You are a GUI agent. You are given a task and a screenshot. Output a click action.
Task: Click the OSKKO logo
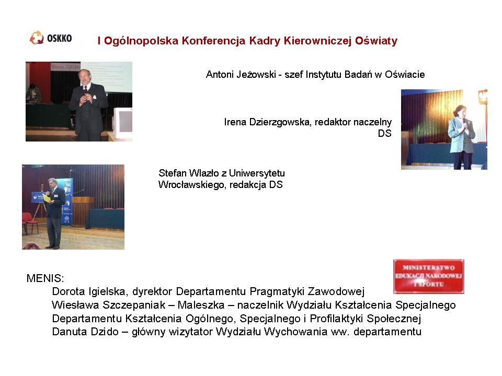(x=51, y=38)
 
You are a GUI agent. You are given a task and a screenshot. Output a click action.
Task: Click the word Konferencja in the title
(x=213, y=41)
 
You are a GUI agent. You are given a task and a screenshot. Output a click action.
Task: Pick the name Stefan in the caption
(x=172, y=173)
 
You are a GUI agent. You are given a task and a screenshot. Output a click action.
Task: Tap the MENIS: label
(x=45, y=278)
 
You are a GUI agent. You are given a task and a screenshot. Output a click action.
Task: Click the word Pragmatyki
(x=277, y=291)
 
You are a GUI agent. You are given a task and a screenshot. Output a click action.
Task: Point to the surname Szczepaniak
(x=134, y=305)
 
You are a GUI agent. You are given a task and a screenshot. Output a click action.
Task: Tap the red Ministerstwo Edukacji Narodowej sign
(x=428, y=277)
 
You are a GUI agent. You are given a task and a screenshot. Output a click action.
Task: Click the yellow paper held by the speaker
(x=47, y=198)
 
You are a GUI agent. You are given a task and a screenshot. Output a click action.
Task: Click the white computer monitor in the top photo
(x=123, y=124)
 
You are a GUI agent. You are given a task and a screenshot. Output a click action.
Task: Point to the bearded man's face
(x=85, y=77)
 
